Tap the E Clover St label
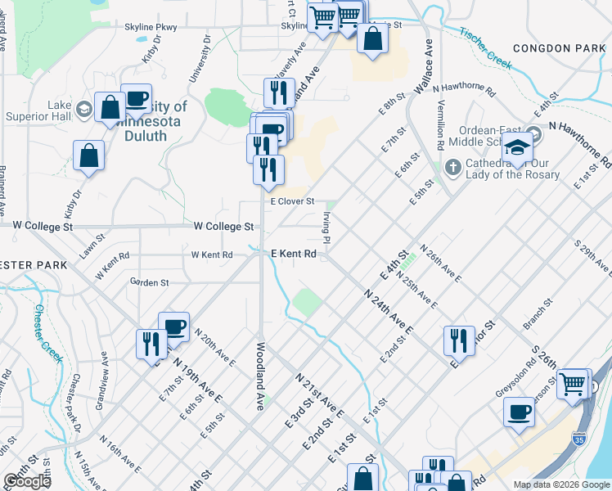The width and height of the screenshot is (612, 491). [x=292, y=200]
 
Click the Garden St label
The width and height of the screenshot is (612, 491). [x=149, y=282]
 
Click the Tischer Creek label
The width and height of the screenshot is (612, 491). [x=485, y=47]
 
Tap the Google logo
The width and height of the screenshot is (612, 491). [x=27, y=480]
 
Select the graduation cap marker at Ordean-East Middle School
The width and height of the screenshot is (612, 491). [x=517, y=148]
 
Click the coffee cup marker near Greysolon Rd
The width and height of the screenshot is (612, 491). [x=519, y=411]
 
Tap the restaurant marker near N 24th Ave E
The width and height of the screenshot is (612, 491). [x=459, y=339]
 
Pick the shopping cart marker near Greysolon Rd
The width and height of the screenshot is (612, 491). [x=573, y=383]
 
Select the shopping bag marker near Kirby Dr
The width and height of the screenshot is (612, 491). [x=88, y=154]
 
